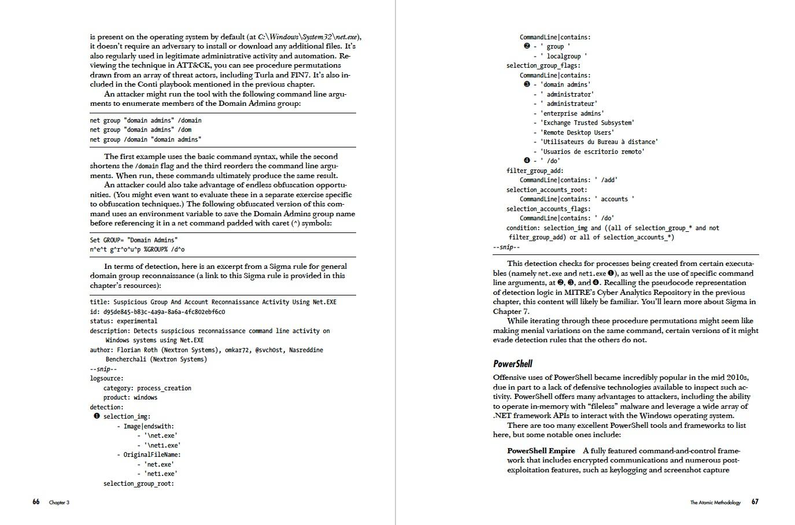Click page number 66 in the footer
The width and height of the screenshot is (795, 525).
[x=36, y=502]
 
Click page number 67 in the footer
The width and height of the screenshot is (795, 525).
[x=755, y=502]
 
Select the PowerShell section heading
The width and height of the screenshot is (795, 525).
[x=512, y=364]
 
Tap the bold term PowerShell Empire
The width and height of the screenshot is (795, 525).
[x=541, y=451]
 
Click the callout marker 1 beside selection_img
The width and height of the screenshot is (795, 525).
[x=97, y=416]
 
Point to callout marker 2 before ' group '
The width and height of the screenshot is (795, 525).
[x=527, y=46]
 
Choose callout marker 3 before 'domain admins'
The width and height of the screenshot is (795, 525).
[x=527, y=84]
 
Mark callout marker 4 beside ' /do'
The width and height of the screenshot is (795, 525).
[x=527, y=161]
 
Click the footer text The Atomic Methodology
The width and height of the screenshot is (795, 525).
[x=715, y=502]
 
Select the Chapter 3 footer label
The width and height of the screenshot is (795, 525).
[x=59, y=502]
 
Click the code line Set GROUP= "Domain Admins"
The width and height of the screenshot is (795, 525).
[x=134, y=240]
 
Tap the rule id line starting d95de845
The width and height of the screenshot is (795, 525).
[x=157, y=312]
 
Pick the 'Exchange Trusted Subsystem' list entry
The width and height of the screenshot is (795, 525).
[x=587, y=123]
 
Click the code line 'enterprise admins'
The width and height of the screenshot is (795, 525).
[x=572, y=113]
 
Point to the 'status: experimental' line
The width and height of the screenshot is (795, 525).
[x=123, y=321]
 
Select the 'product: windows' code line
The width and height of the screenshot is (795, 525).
[x=130, y=397]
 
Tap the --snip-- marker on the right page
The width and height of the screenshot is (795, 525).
[x=506, y=247]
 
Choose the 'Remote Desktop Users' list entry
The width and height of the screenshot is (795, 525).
[x=577, y=132]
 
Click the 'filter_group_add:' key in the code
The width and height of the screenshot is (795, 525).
[x=535, y=171]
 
